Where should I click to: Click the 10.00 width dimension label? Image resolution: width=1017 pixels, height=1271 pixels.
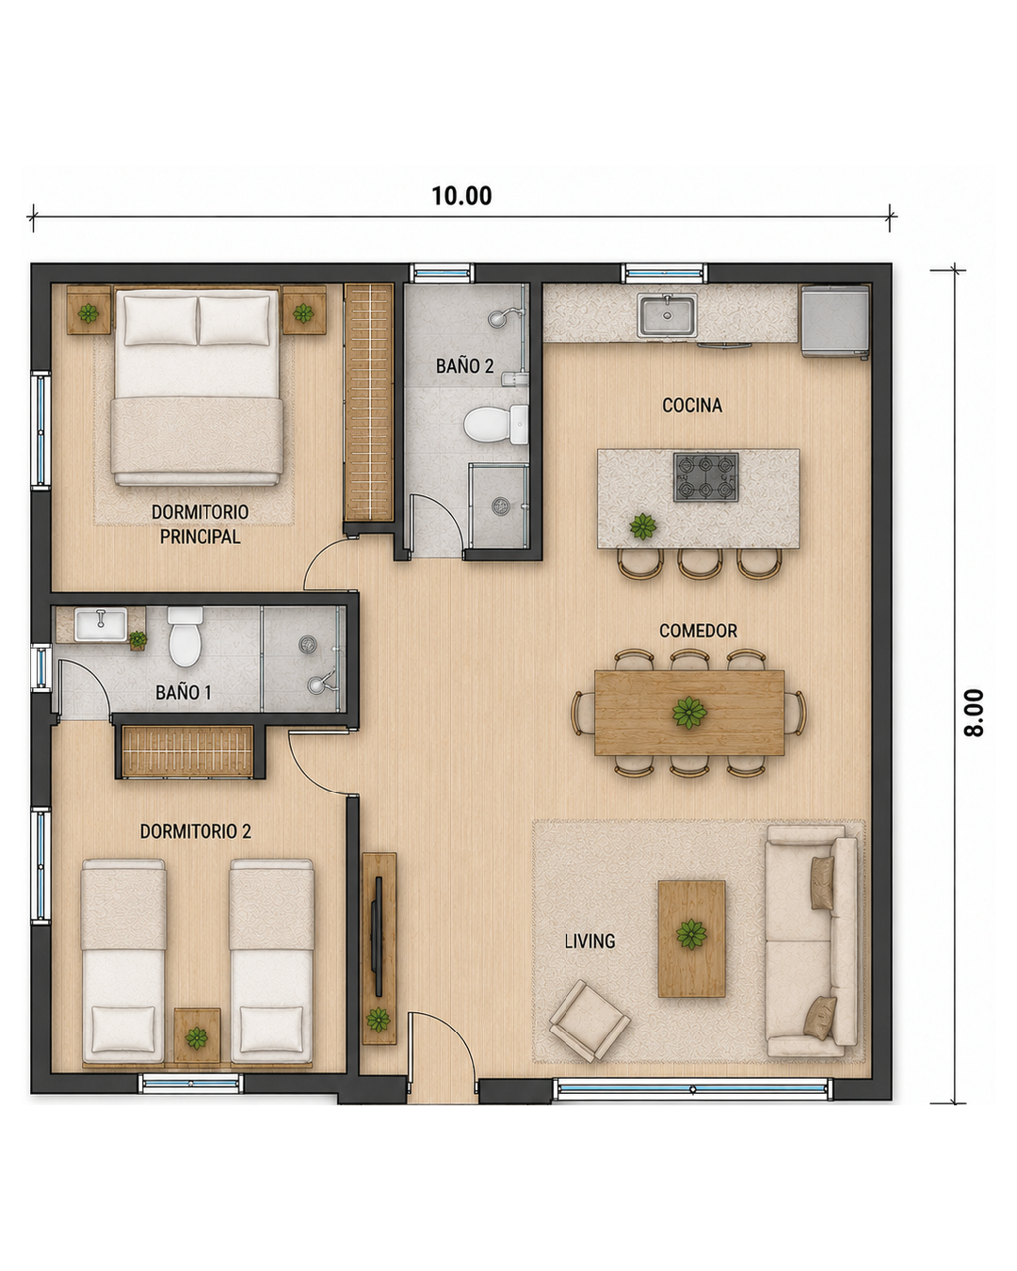click(x=460, y=196)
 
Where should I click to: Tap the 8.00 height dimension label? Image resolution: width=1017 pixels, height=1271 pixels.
click(x=974, y=713)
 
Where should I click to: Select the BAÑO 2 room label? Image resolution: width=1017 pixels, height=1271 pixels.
click(x=464, y=366)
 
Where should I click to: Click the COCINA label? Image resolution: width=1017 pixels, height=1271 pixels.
click(x=691, y=405)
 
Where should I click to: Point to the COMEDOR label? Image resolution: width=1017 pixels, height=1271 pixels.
click(x=698, y=631)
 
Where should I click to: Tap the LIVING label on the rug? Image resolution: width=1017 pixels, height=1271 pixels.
click(x=589, y=941)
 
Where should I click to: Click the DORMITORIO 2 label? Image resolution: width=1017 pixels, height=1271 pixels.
click(x=196, y=831)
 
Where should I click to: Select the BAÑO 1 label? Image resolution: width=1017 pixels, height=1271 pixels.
click(x=184, y=692)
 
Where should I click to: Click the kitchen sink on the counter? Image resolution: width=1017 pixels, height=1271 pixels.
click(x=667, y=315)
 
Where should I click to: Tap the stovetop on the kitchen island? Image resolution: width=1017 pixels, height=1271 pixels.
click(x=705, y=477)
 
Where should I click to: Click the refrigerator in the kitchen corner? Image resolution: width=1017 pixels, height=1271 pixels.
click(x=834, y=321)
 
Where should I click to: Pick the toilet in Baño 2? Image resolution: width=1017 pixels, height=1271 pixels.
click(x=496, y=424)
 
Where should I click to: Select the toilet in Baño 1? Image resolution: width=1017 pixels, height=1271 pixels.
click(x=185, y=636)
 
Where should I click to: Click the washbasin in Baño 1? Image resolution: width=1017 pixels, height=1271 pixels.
click(x=101, y=625)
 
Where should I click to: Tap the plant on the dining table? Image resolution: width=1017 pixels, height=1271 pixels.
click(x=689, y=713)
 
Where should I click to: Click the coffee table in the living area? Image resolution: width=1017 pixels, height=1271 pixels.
click(x=691, y=939)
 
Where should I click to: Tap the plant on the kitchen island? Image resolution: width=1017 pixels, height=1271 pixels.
click(x=642, y=525)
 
